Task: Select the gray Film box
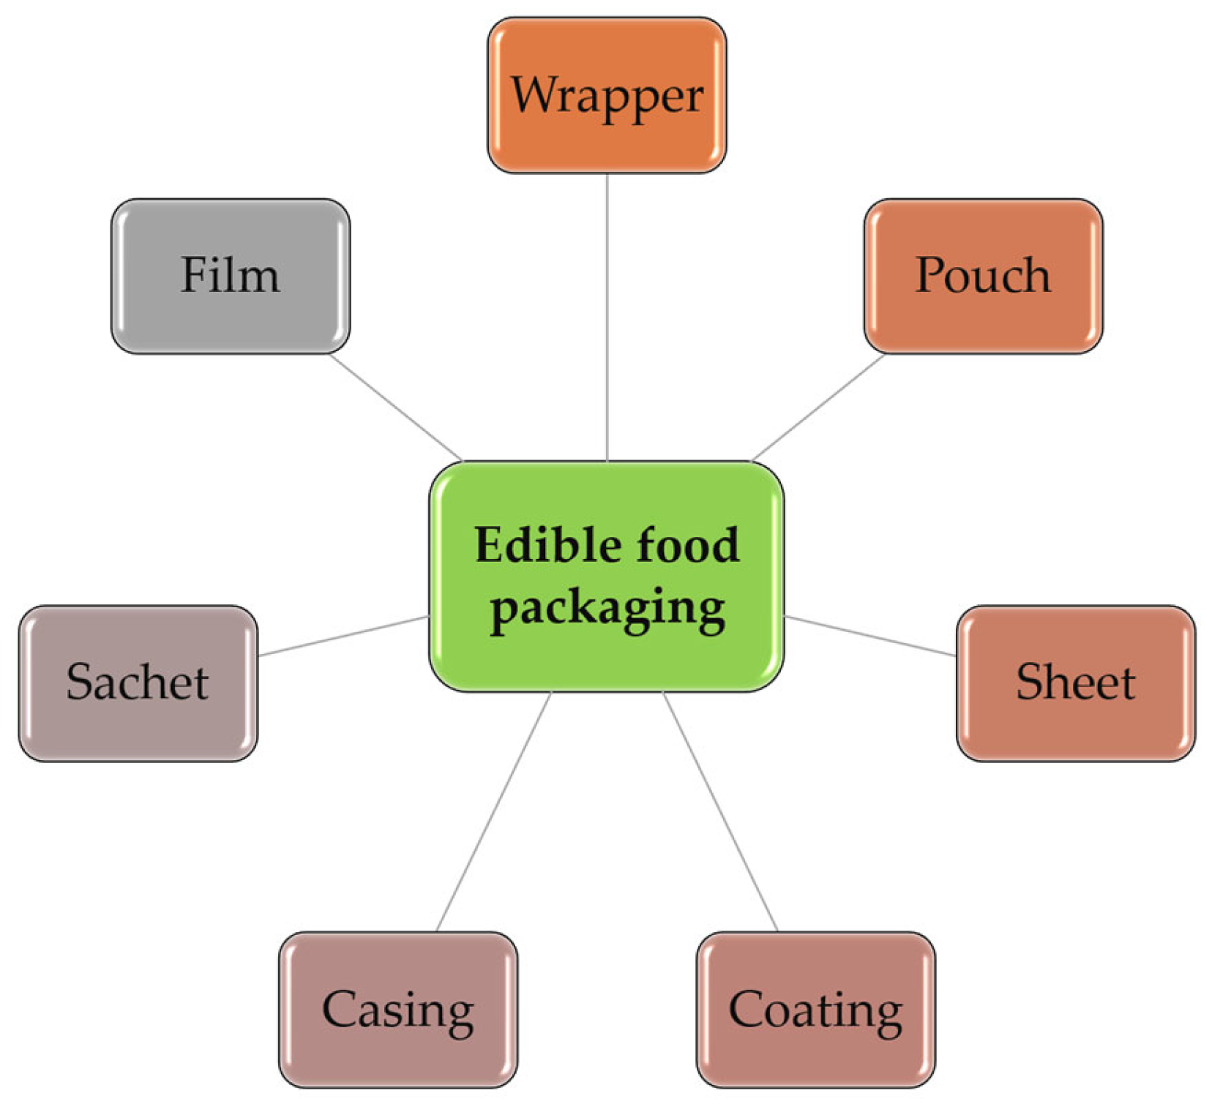tap(230, 315)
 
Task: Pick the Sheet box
tap(1075, 721)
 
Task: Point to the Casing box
tap(397, 1054)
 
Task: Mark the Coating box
tap(815, 1054)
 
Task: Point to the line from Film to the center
tap(395, 407)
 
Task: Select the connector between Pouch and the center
tap(818, 407)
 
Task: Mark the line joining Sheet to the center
tap(869, 636)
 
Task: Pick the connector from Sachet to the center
tap(343, 636)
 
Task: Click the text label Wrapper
tap(607, 95)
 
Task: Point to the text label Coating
tap(815, 1010)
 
